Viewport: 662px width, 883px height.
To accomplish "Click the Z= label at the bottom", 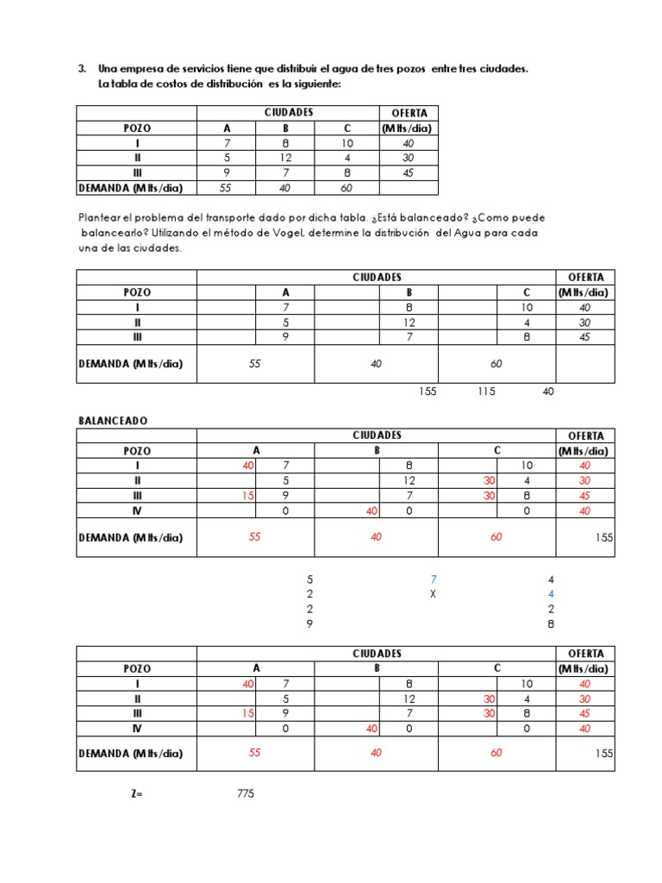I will click(x=135, y=793).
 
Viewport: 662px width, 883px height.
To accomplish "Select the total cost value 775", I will click(x=246, y=793).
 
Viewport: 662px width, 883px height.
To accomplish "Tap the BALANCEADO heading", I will click(x=113, y=420).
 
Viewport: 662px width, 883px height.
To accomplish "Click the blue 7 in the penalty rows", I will click(x=434, y=579).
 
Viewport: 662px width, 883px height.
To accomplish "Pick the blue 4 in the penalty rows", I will click(x=551, y=594).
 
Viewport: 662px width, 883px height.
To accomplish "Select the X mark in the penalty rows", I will click(x=434, y=594).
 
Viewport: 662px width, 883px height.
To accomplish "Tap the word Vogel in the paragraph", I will click(x=365, y=233).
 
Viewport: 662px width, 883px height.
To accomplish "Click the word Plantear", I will click(x=102, y=218).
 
